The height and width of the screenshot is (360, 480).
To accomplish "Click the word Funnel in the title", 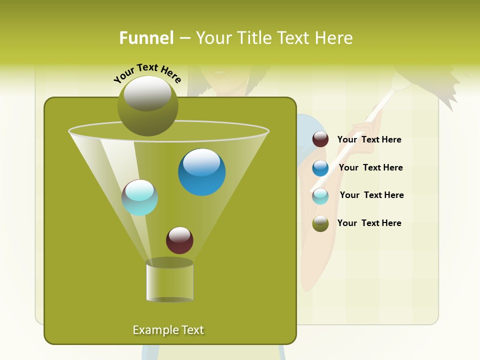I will tap(146, 38).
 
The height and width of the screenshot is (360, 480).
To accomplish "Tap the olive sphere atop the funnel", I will tap(147, 105).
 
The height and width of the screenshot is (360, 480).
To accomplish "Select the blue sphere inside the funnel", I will tap(201, 171).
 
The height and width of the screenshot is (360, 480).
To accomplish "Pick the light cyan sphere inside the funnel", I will tap(139, 197).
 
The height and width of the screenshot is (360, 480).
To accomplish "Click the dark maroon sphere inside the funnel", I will tap(179, 240).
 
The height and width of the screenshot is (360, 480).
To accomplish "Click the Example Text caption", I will tap(168, 330).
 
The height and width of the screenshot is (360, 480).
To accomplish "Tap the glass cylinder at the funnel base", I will tap(169, 281).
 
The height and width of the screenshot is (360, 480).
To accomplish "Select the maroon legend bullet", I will tap(320, 139).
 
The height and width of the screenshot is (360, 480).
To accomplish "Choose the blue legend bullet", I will tap(320, 168).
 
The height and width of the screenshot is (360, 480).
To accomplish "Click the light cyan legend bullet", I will tap(320, 196).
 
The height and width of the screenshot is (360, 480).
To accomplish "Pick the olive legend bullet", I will tap(320, 223).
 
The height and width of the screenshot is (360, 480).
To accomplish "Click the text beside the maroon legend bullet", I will tap(369, 139).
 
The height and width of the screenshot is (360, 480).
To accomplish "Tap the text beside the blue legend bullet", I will tap(370, 167).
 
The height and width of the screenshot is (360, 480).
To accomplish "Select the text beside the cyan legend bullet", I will tap(371, 195).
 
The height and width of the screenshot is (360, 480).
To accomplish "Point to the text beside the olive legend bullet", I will tap(369, 223).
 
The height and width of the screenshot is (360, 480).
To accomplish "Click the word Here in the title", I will tap(335, 38).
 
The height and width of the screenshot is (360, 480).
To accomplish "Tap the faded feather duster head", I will tap(435, 82).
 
